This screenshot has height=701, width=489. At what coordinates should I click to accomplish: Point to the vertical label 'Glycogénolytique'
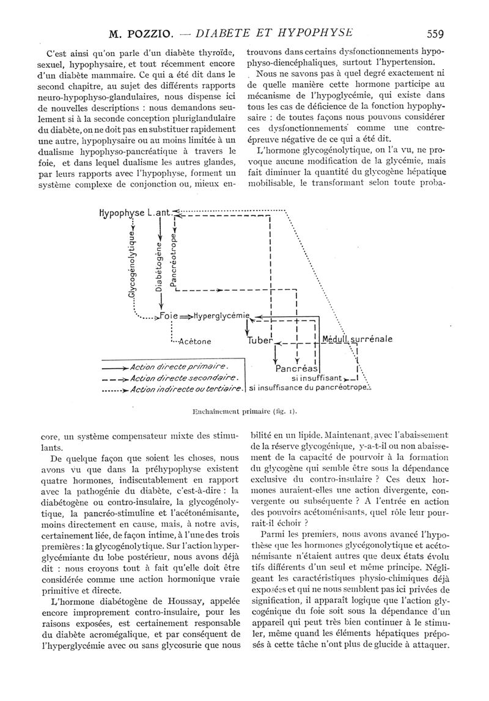point(131,264)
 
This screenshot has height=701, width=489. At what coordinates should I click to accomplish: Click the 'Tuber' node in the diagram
point(259,341)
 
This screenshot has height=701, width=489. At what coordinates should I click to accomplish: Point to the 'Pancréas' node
point(296,369)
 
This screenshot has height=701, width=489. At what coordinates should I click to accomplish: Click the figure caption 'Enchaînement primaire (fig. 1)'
point(244,411)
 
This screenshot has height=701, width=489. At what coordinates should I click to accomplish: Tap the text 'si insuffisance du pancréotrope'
point(309,388)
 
